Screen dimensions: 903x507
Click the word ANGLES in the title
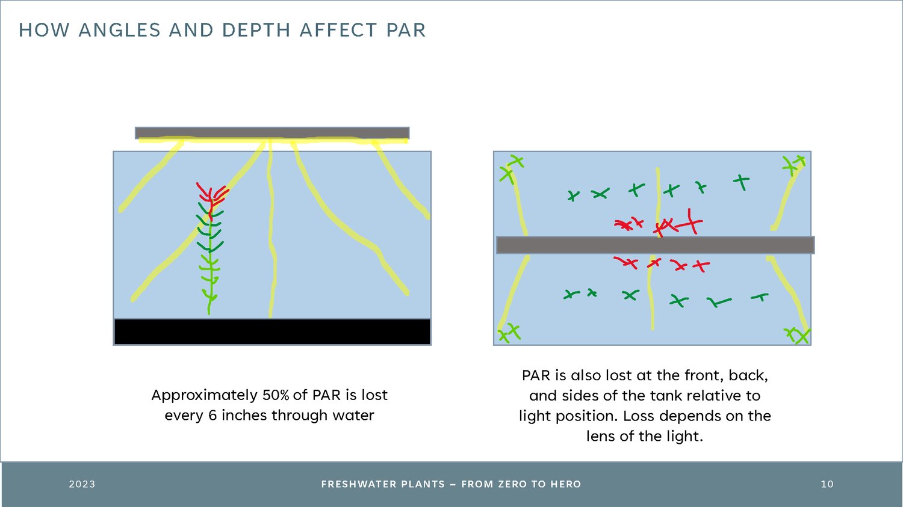click(x=120, y=30)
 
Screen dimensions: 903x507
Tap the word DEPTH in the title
click(x=256, y=30)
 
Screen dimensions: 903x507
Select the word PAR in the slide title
click(x=406, y=30)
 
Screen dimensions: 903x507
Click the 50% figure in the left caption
click(x=276, y=395)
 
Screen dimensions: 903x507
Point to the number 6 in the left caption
click(x=213, y=415)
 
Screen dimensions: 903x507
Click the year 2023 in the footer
click(x=82, y=484)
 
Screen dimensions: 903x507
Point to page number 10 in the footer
click(x=827, y=484)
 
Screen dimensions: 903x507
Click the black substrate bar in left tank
click(x=272, y=332)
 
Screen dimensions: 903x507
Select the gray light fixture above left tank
click(x=272, y=133)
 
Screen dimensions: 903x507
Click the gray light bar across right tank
click(x=655, y=245)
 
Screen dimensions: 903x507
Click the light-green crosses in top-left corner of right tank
click(x=510, y=169)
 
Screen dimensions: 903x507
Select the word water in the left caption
click(x=353, y=415)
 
